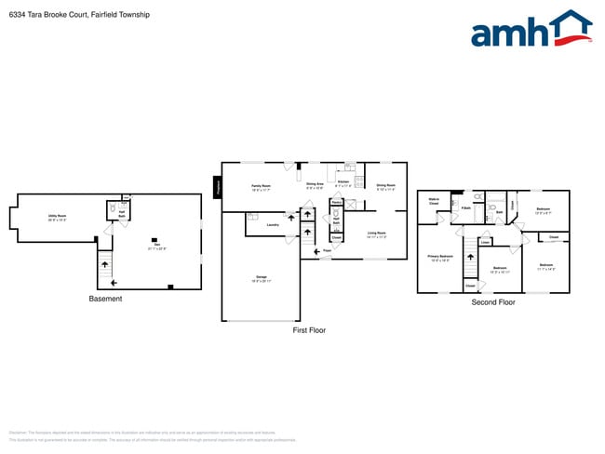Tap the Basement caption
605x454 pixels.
pyautogui.click(x=105, y=299)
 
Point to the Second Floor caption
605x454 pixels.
pyautogui.click(x=493, y=302)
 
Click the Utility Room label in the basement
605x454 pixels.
pyautogui.click(x=57, y=217)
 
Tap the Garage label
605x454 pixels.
pyautogui.click(x=261, y=277)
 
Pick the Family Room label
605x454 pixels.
pyautogui.click(x=261, y=186)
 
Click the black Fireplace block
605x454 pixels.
pyautogui.click(x=218, y=186)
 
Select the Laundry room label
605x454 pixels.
pyautogui.click(x=273, y=224)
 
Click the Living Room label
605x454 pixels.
pyautogui.click(x=376, y=234)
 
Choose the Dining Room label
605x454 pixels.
pyautogui.click(x=385, y=186)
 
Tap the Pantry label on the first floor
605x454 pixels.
pyautogui.click(x=336, y=202)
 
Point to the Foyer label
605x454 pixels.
pyautogui.click(x=328, y=250)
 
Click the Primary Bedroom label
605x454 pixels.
pyautogui.click(x=438, y=258)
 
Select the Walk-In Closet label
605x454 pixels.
pyautogui.click(x=434, y=200)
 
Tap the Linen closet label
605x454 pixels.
pyautogui.click(x=486, y=242)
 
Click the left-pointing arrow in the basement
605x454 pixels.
pyautogui.click(x=114, y=282)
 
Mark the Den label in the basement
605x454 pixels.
pyautogui.click(x=156, y=247)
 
